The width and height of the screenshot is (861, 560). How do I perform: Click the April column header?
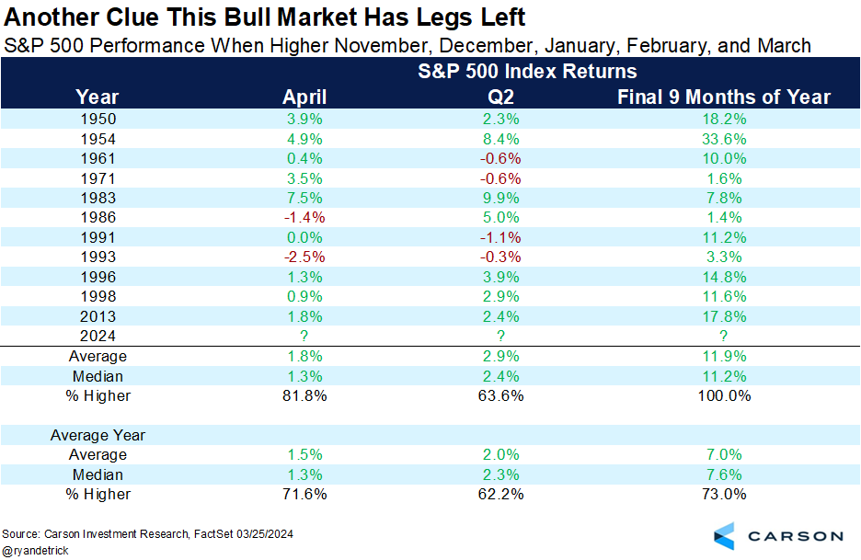click(x=304, y=97)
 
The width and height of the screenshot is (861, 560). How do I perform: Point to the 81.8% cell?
click(x=304, y=395)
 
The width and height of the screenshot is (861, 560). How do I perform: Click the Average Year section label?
click(x=98, y=435)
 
